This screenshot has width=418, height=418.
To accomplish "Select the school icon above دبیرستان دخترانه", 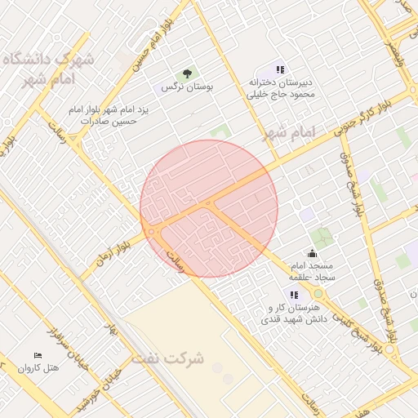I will point(280,70).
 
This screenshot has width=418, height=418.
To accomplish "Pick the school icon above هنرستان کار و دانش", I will point(294,295).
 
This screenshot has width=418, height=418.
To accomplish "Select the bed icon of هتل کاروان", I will point(38,355).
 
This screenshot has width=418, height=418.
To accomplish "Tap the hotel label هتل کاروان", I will point(42,368).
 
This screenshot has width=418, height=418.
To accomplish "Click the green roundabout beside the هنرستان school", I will point(318,293).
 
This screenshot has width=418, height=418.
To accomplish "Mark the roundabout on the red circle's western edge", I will point(152,232).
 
